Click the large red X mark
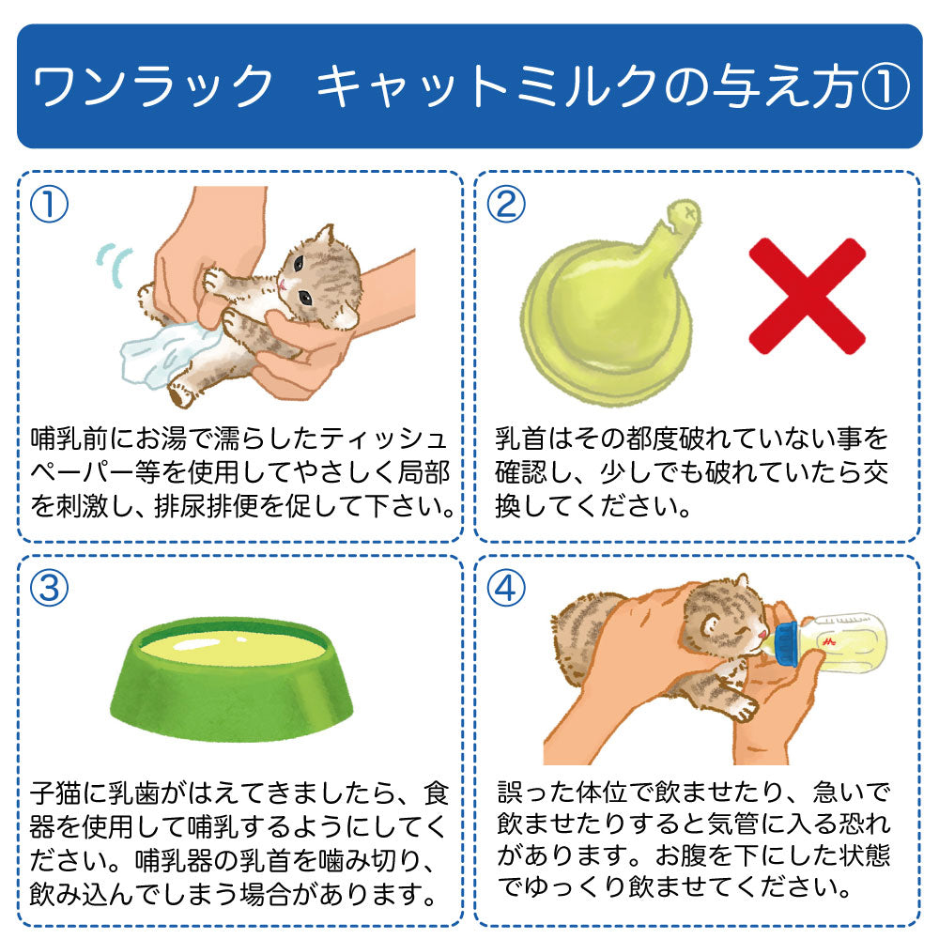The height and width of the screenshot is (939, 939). pos(806,295)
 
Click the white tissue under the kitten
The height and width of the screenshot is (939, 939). pos(160,352)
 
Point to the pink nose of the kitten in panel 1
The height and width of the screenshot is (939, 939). pos(282,283)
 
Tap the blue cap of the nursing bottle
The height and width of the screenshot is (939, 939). pos(787,643)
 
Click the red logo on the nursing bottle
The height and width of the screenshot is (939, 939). pos(829,639)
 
